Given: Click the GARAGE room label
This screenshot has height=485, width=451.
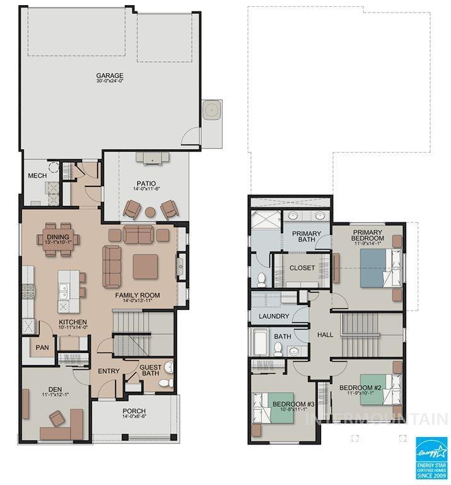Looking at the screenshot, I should pyautogui.click(x=110, y=76).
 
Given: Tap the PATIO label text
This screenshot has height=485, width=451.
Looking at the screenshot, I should pyautogui.click(x=145, y=183).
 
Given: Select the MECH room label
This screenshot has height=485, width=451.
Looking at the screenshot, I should pyautogui.click(x=37, y=176).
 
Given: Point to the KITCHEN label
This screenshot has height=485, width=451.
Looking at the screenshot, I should pyautogui.click(x=73, y=322).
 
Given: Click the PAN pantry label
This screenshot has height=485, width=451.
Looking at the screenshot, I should pyautogui.click(x=42, y=347).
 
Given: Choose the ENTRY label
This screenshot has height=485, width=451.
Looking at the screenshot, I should pyautogui.click(x=108, y=371).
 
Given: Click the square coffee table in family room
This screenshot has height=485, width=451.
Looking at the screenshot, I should pyautogui.click(x=145, y=266).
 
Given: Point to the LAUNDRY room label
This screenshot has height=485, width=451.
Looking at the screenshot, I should pyautogui.click(x=274, y=316).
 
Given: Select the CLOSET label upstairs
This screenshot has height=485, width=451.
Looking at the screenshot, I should pyautogui.click(x=302, y=268).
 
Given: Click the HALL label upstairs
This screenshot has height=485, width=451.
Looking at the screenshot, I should pyautogui.click(x=325, y=335).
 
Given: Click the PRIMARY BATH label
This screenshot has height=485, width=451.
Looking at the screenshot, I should pyautogui.click(x=307, y=237).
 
